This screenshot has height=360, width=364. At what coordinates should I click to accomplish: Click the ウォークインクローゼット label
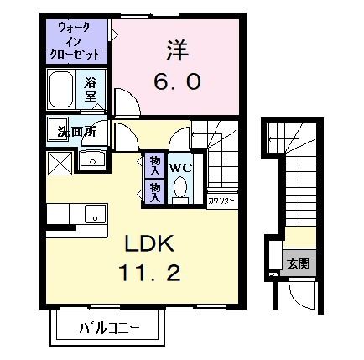(x=78, y=39)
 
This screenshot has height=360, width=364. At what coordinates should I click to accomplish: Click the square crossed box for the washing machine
(x=60, y=161)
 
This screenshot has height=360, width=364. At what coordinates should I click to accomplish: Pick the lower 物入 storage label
(x=155, y=190)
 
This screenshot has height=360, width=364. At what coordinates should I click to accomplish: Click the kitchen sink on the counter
(x=95, y=217)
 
